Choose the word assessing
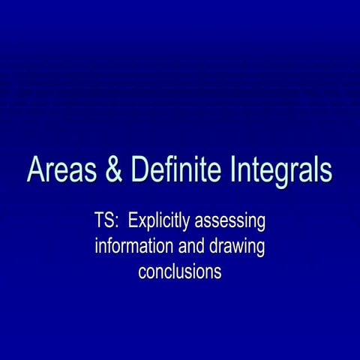(232, 223)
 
